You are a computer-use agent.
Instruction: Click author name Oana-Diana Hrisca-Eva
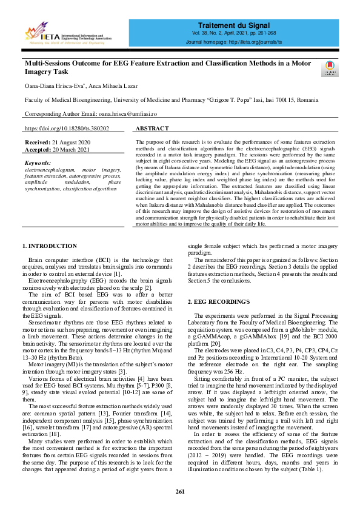[52, 86]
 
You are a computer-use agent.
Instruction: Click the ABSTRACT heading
[152, 129]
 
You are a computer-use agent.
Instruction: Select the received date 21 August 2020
[75, 142]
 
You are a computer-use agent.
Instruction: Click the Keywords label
[38, 163]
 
